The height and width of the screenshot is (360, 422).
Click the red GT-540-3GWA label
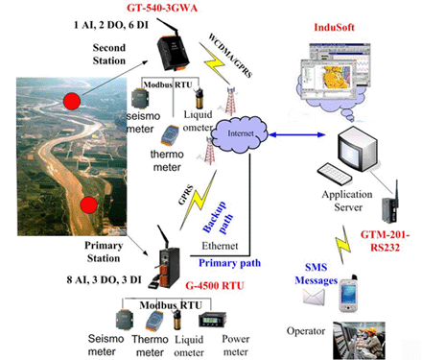162,8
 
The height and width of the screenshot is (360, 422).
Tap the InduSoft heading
334,27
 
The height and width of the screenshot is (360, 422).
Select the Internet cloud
240,133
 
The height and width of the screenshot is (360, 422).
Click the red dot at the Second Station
72,101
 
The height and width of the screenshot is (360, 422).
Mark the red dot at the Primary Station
88,204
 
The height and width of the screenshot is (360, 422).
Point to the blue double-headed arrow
296,134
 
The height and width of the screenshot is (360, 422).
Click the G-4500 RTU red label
215,285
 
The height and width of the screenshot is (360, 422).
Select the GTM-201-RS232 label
385,241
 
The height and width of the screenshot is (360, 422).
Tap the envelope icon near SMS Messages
314,297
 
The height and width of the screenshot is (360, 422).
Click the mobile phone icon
348,294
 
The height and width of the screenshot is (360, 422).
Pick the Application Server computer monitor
357,149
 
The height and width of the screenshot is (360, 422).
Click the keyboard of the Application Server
335,174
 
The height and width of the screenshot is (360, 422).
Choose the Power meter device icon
212,320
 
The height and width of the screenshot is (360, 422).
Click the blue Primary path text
229,263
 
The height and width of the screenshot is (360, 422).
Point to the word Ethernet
220,246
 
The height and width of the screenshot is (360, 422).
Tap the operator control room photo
359,341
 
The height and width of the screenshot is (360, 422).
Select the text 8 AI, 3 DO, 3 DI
104,279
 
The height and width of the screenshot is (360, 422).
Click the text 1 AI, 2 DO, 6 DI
111,25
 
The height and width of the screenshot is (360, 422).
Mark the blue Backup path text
218,218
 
